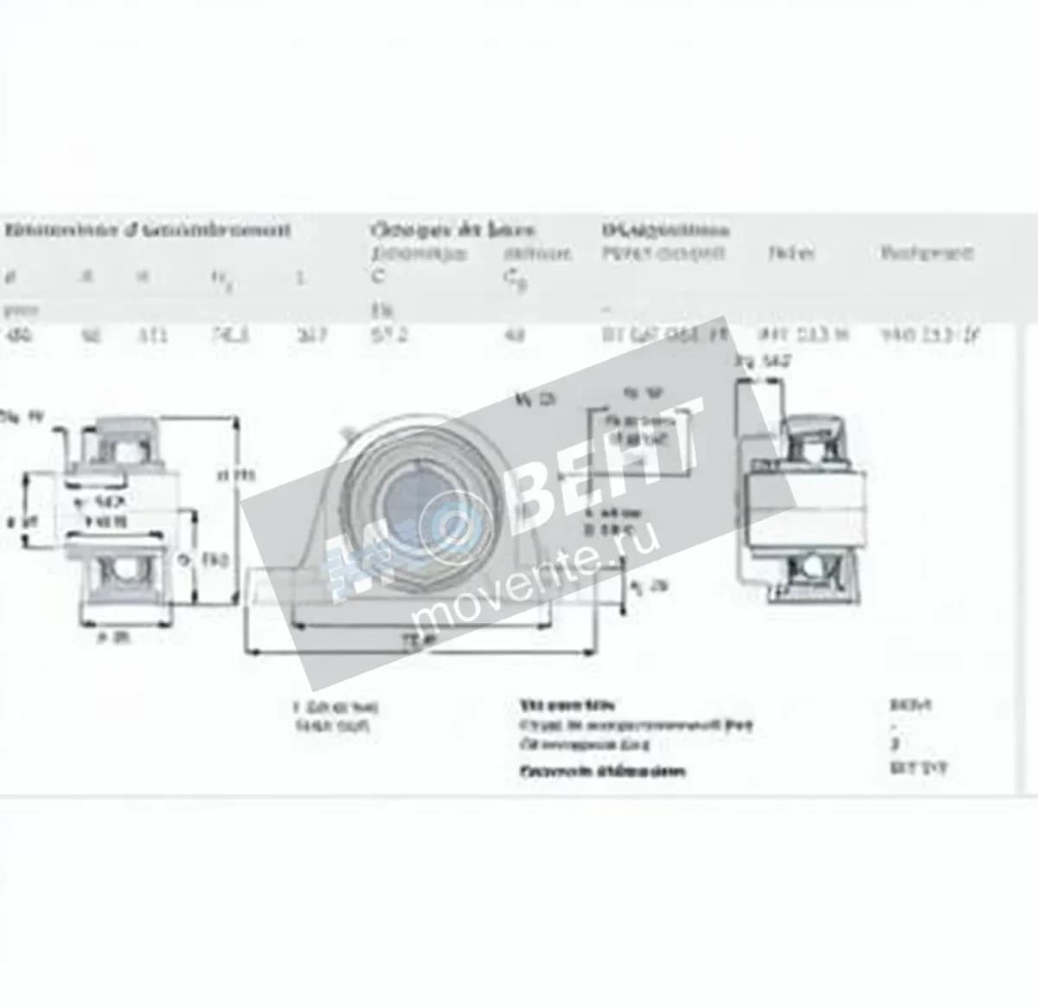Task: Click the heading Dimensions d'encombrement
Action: tap(147, 230)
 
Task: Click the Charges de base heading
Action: tap(452, 230)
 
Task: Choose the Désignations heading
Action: tap(665, 230)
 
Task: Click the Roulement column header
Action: tap(926, 253)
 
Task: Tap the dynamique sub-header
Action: tap(420, 254)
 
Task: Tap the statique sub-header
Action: tap(537, 254)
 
